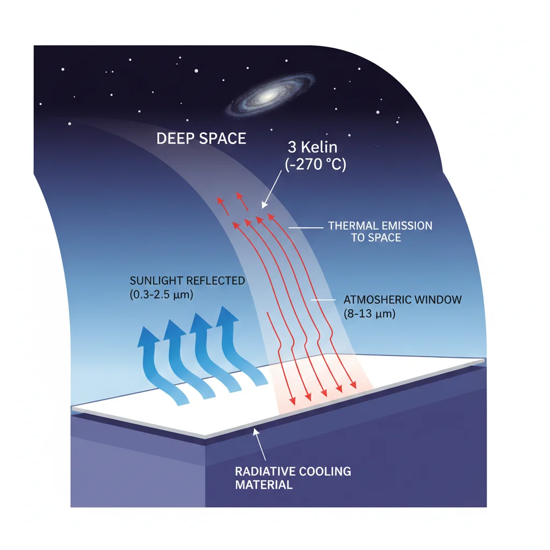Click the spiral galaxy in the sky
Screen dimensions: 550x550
(x=270, y=96)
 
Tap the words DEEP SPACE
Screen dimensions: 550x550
(x=201, y=139)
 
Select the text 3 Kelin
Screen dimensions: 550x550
(x=313, y=147)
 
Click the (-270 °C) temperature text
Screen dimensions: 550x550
(x=315, y=164)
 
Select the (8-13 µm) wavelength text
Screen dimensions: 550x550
(x=370, y=314)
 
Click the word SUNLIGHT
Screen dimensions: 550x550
(x=157, y=281)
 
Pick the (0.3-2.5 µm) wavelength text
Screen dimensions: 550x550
(x=161, y=295)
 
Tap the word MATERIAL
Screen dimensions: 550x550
(x=264, y=485)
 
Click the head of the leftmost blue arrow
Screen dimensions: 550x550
(x=148, y=336)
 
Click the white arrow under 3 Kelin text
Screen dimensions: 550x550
(x=271, y=190)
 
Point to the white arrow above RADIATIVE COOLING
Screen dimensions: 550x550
(x=259, y=444)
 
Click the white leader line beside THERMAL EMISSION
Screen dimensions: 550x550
(x=306, y=228)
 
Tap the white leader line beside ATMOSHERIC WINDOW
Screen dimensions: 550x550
(x=323, y=300)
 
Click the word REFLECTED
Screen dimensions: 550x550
(x=215, y=281)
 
